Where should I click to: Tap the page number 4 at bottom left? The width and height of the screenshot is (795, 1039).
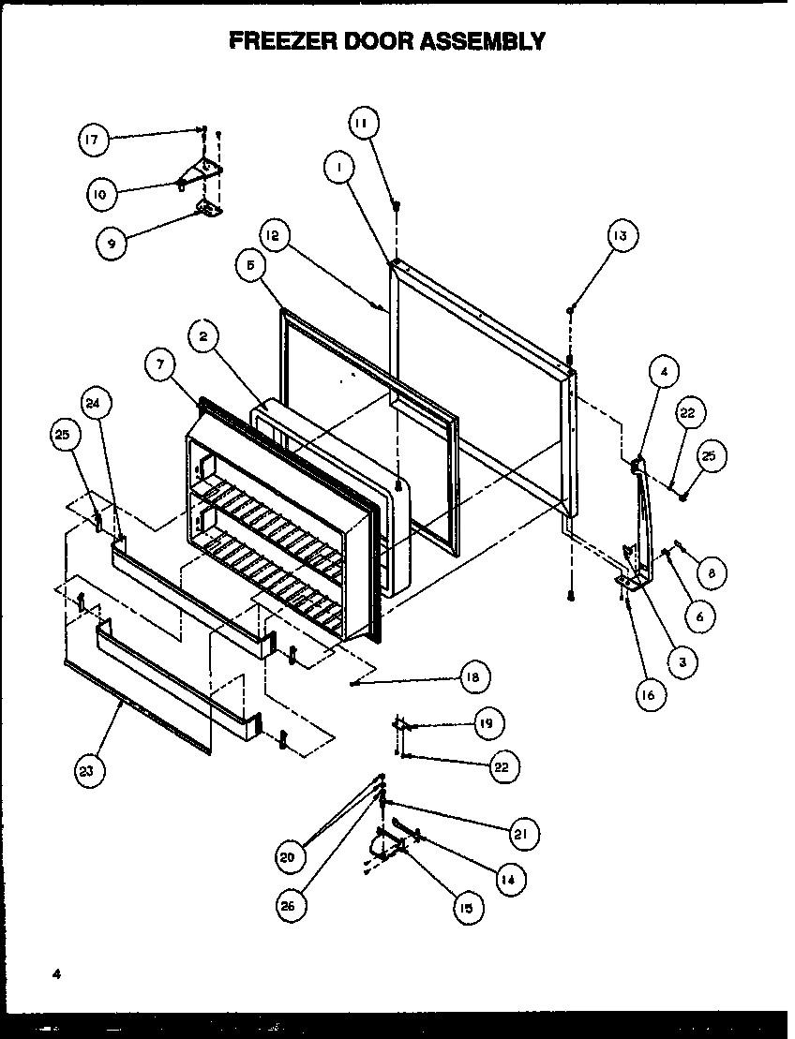coord(56,974)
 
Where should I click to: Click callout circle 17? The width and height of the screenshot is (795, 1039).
coord(91,141)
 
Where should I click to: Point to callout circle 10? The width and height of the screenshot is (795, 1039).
coord(100,194)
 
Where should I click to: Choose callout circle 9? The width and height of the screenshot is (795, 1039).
coord(112,243)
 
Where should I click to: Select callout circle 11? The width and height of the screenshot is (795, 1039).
coord(363,122)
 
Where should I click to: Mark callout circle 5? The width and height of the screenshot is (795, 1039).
coord(249,265)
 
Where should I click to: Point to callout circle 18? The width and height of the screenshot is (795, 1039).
coord(475,676)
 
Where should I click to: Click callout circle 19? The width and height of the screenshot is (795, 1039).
coord(487,723)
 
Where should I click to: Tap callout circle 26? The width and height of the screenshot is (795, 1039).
coord(292,906)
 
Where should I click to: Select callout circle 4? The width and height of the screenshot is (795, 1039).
coord(663,372)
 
